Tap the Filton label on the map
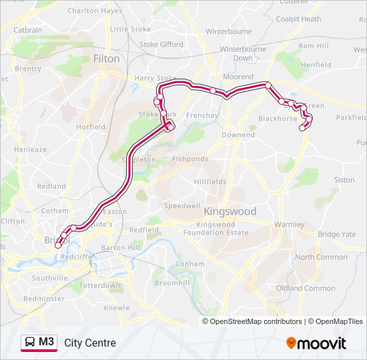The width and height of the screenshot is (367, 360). pyautogui.click(x=107, y=59)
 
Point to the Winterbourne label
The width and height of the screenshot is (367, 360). pyautogui.click(x=229, y=31)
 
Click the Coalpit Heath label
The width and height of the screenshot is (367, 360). pyautogui.click(x=298, y=19)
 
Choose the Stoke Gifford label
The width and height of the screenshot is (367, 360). pyautogui.click(x=161, y=45)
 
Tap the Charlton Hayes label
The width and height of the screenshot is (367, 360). pyautogui.click(x=95, y=11)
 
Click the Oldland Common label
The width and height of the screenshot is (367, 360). pyautogui.click(x=306, y=289)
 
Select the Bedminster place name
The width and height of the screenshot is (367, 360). pyautogui.click(x=44, y=299)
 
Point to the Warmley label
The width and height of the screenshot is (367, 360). pyautogui.click(x=288, y=225)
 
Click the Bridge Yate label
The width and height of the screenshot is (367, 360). pyautogui.click(x=337, y=235)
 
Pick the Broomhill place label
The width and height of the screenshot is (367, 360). pyautogui.click(x=172, y=283)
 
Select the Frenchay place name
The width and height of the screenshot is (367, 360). pyautogui.click(x=203, y=116)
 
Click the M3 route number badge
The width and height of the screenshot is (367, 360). pyautogui.click(x=47, y=343)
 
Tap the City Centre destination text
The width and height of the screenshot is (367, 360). pyautogui.click(x=90, y=343)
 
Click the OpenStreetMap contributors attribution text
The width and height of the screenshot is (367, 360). pyautogui.click(x=255, y=321)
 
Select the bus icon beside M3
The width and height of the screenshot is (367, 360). pyautogui.click(x=30, y=343)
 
